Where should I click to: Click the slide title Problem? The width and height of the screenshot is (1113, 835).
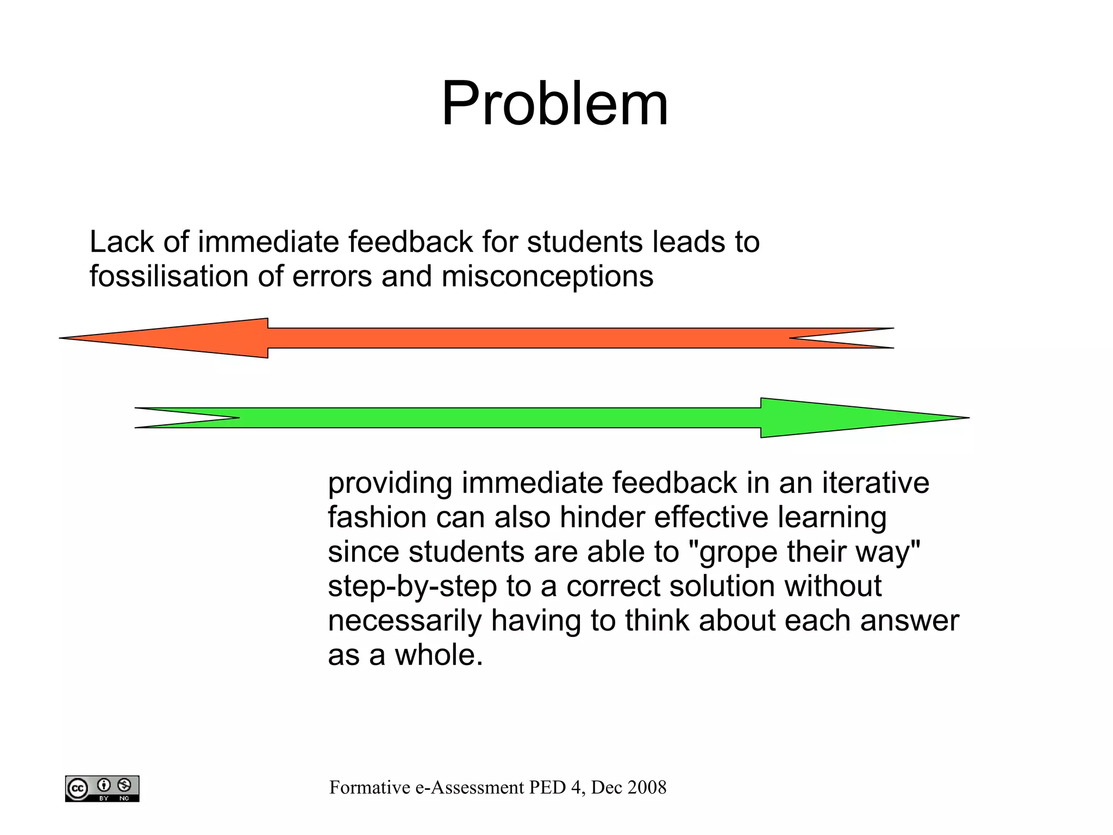[x=554, y=103]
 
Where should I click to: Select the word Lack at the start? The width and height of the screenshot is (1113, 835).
[x=121, y=242]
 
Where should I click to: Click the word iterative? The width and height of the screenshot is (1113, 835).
[x=875, y=483]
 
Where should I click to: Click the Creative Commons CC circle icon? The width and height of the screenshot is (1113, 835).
[x=77, y=788]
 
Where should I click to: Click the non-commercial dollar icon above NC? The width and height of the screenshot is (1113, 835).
[x=124, y=785]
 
